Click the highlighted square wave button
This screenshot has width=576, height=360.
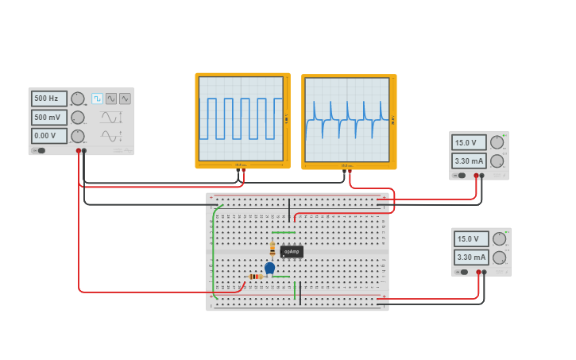coord(97,99)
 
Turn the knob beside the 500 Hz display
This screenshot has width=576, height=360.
coord(77,99)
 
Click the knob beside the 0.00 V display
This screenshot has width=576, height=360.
coord(77,136)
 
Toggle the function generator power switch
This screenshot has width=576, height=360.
coord(39,150)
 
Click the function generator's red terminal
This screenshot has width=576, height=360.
coord(78,150)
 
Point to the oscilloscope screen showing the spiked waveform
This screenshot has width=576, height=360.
coord(348,120)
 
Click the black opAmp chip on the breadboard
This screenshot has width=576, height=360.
coord(292,251)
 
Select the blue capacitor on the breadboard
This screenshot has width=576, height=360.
coord(269,268)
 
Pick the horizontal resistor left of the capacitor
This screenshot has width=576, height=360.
coord(255,277)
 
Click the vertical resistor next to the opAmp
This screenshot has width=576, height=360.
coord(273,248)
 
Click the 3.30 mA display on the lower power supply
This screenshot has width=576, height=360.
coord(471,257)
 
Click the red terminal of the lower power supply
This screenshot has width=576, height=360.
coord(479,272)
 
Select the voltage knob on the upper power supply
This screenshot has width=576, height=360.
coord(497,142)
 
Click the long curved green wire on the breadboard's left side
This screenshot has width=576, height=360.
coord(212,254)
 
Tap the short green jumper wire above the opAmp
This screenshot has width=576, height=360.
coord(284,232)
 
